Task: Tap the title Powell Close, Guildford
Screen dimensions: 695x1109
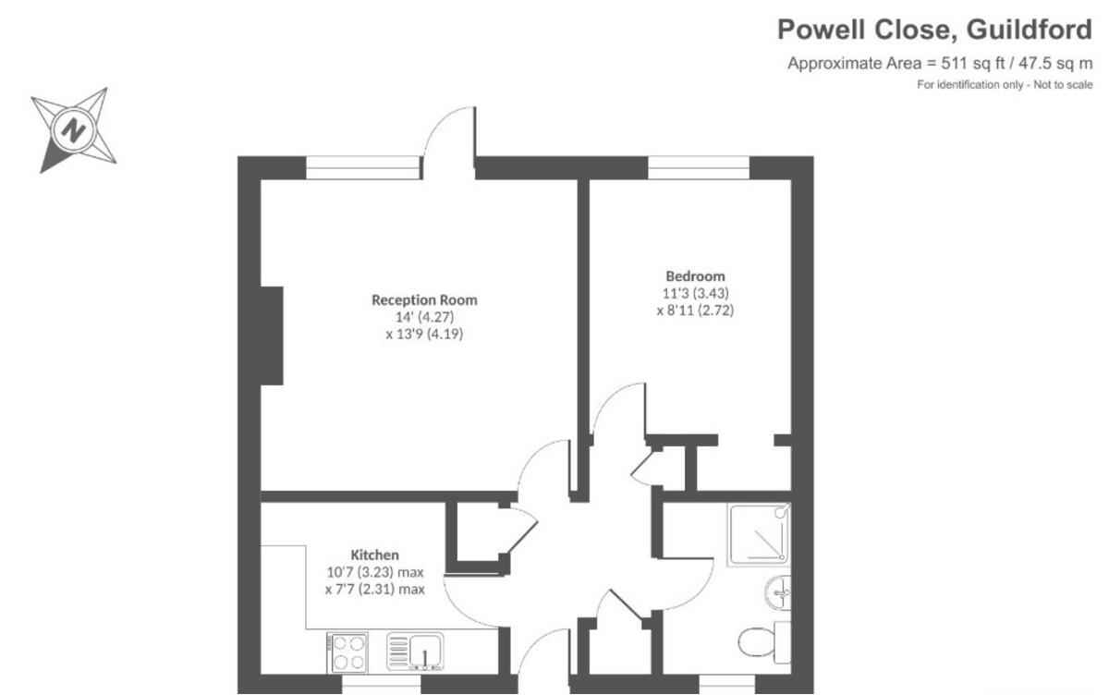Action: [x=933, y=30]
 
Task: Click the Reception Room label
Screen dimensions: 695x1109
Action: [x=424, y=299]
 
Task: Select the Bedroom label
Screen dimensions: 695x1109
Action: [x=695, y=275]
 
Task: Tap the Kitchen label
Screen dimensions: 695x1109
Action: [x=374, y=555]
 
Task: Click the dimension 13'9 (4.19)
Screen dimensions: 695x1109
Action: [x=424, y=335]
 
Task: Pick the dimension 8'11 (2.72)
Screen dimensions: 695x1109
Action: [x=695, y=311]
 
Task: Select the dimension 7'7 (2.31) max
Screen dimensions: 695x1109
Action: [x=374, y=589]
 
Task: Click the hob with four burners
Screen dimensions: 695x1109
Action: [x=347, y=652]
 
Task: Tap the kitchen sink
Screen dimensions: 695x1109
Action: [x=416, y=652]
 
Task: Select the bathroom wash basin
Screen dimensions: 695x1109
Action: [x=778, y=591]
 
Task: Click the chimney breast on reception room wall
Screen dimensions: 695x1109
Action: [x=272, y=335]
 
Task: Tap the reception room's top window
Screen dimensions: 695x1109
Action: [x=363, y=167]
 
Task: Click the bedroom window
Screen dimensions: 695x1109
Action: [x=699, y=167]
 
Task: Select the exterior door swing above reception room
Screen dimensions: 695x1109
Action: [x=450, y=134]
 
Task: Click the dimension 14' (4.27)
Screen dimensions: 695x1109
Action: [x=424, y=317]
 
